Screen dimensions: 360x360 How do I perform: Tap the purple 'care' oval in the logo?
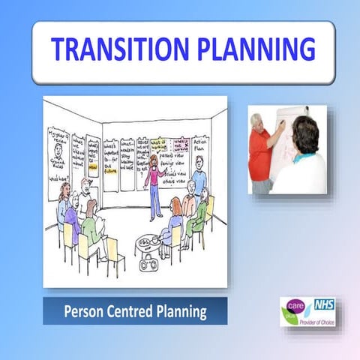295,307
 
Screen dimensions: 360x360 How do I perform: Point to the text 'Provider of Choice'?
318,320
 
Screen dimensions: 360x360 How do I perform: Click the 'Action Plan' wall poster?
199,149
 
